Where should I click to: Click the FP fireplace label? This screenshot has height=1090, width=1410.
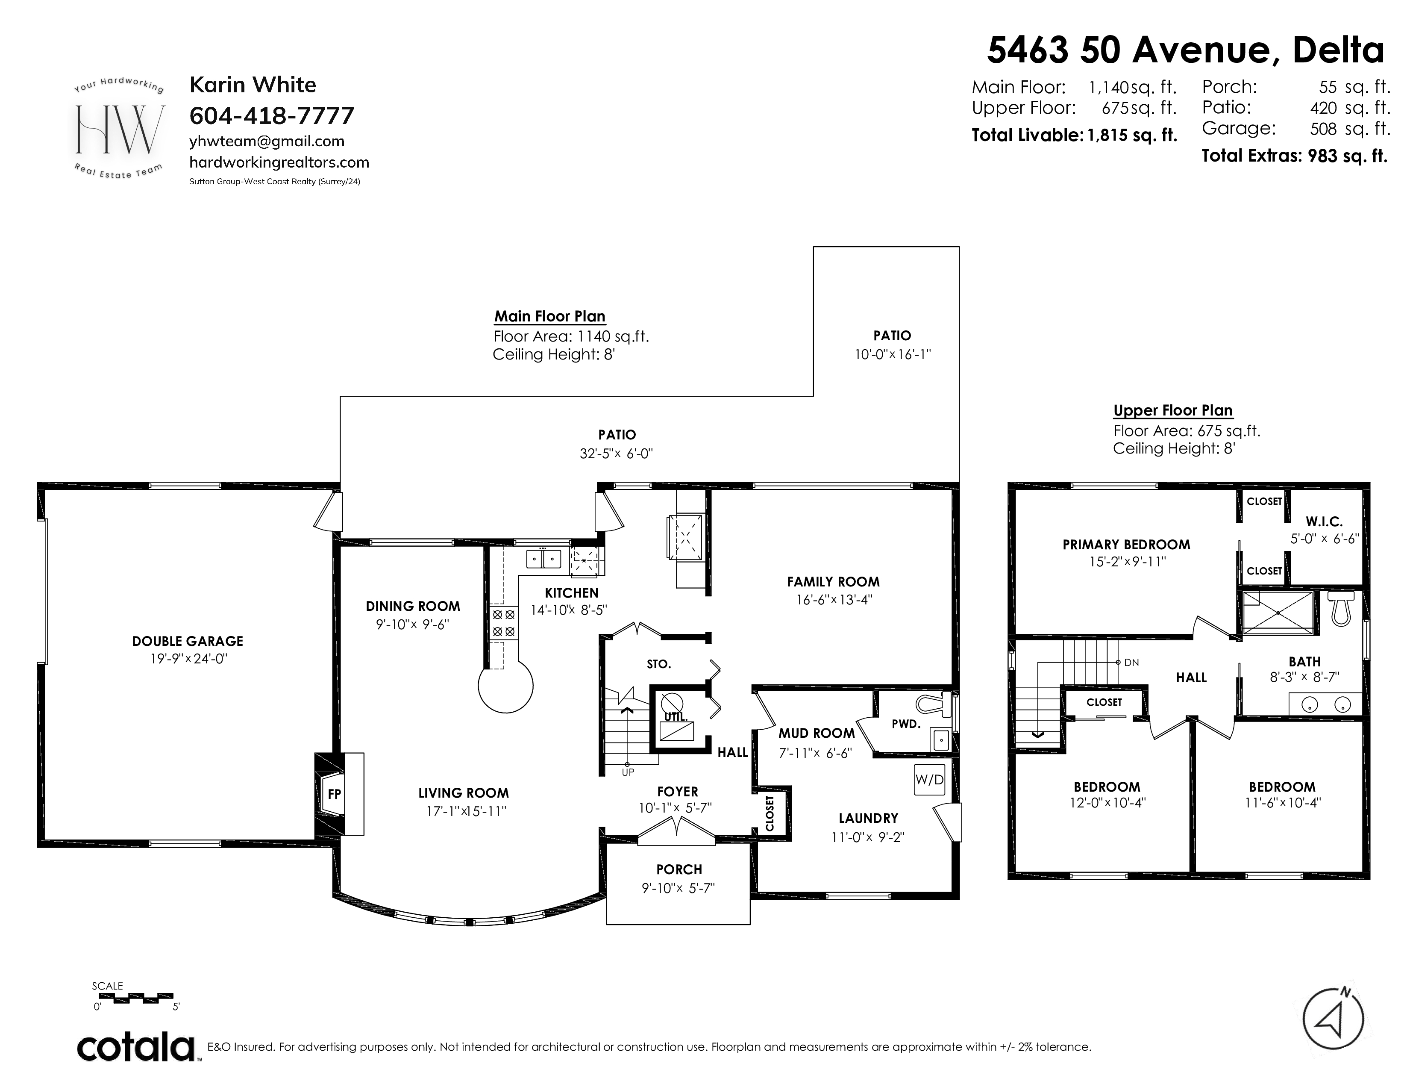[334, 794]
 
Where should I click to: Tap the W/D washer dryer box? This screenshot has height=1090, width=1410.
[930, 779]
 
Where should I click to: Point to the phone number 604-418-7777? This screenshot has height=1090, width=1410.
[272, 115]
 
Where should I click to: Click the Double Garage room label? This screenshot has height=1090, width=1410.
[188, 641]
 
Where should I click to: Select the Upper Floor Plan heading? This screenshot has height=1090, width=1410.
[1173, 411]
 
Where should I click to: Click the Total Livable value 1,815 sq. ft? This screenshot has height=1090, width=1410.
[1132, 135]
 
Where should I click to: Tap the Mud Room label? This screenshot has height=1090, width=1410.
[817, 733]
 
